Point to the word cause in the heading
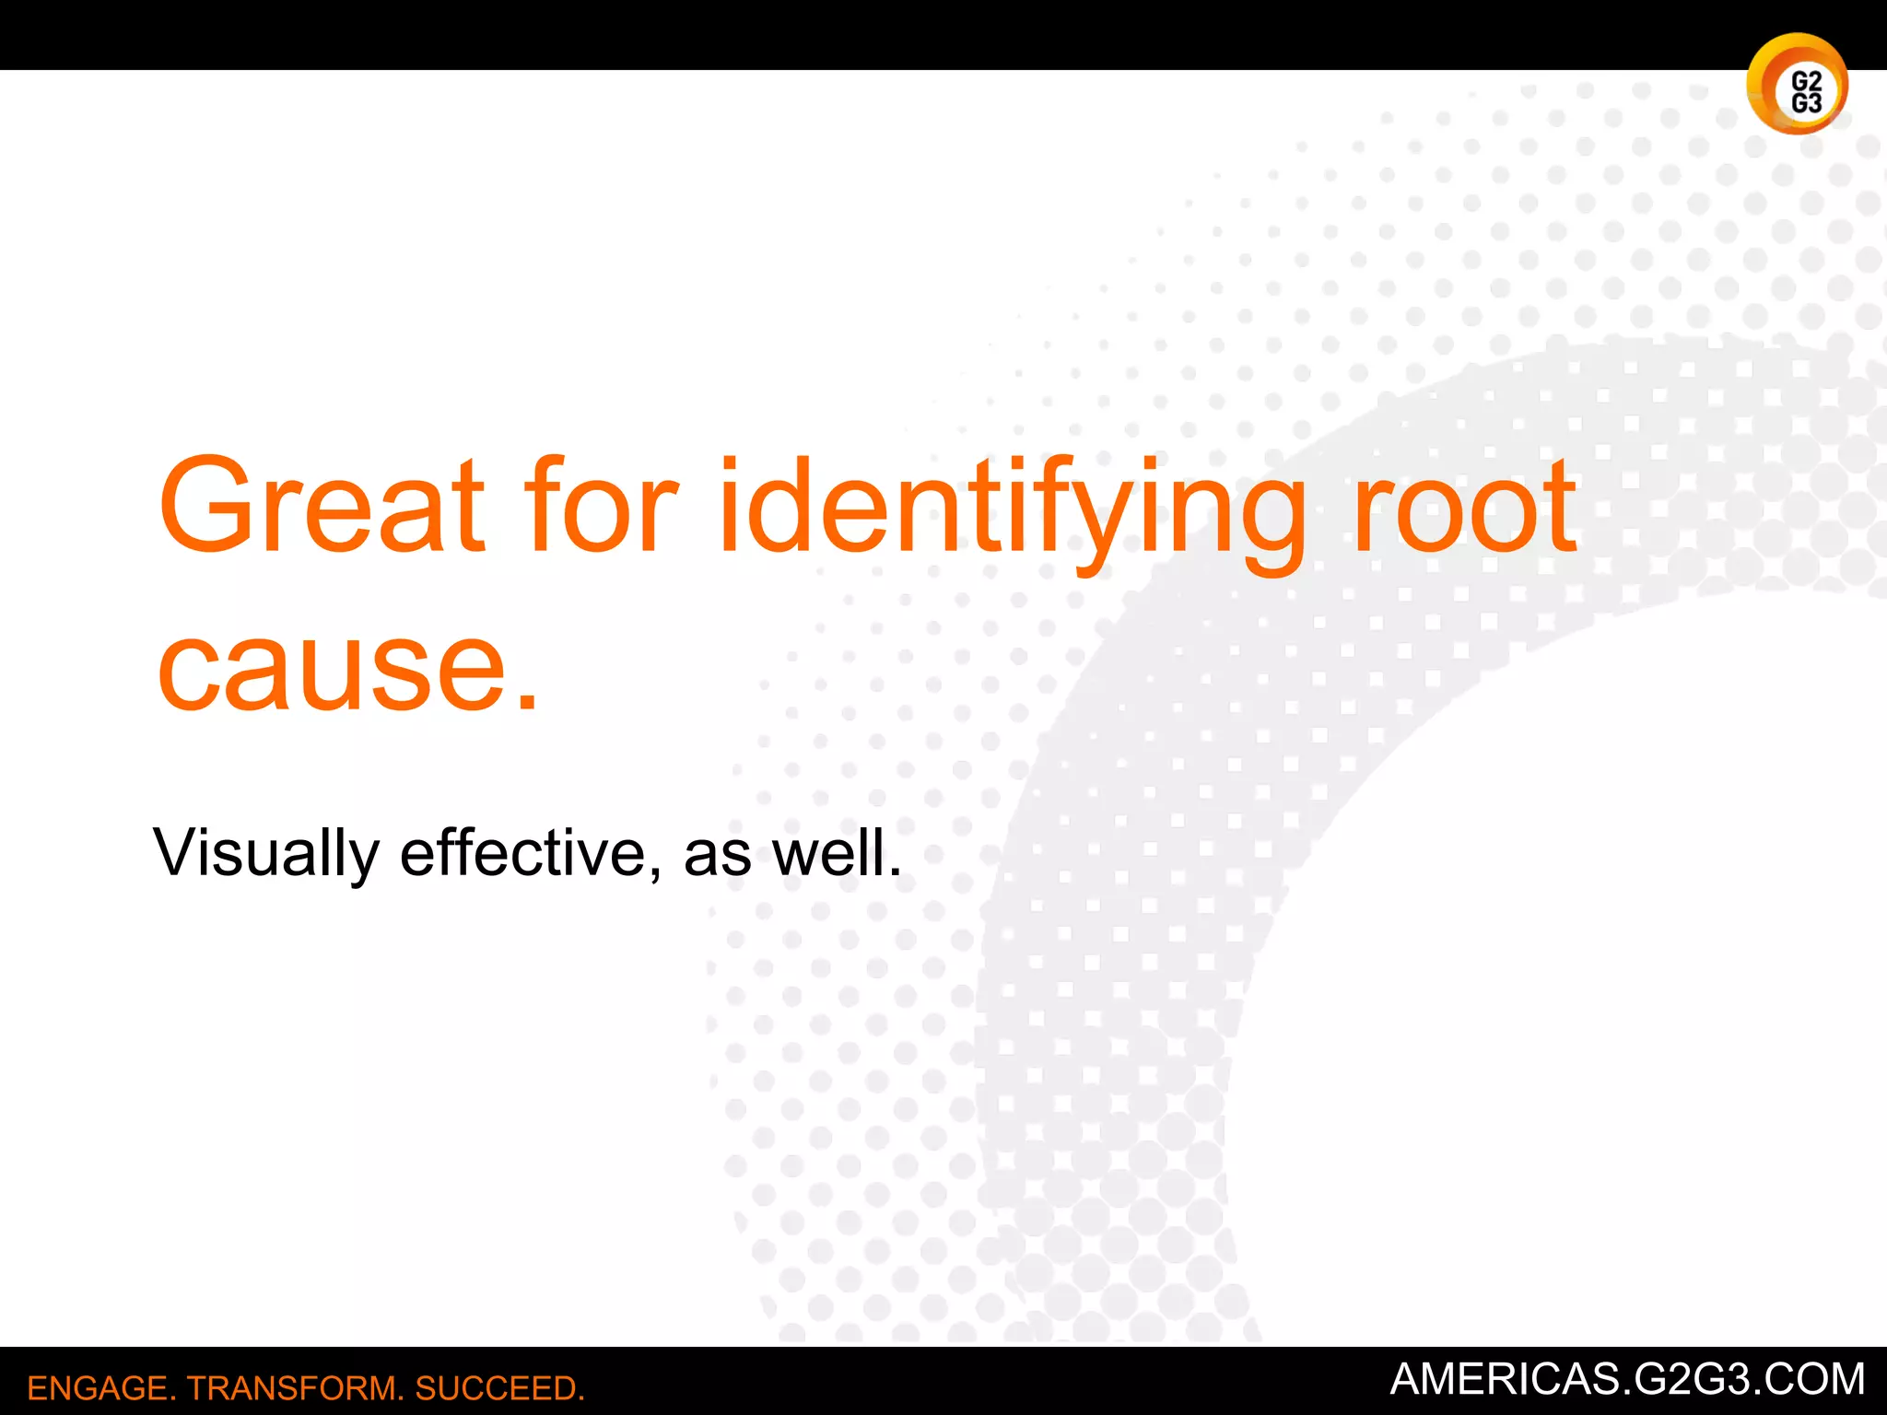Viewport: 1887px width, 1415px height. (x=333, y=667)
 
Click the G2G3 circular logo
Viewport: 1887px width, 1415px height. (x=1796, y=85)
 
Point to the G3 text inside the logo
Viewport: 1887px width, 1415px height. (x=1806, y=102)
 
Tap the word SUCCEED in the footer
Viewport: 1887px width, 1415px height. (x=498, y=1388)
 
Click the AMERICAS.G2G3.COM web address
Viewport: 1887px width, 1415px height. (x=1627, y=1379)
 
